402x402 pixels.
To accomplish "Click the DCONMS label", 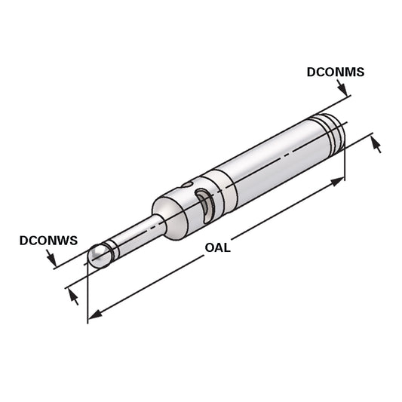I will tap(336, 73).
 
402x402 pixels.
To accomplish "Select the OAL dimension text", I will tap(218, 247).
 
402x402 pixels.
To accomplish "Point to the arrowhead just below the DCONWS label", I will tap(52, 261).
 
